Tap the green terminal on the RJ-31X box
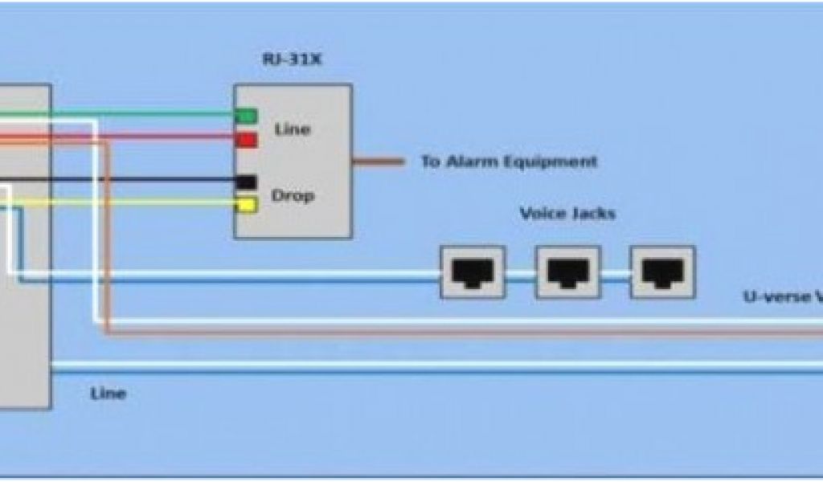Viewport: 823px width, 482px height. [x=245, y=116]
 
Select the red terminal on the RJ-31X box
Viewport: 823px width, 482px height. [x=246, y=141]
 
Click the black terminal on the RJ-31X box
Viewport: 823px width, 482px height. [x=246, y=182]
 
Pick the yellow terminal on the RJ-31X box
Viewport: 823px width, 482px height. [x=246, y=206]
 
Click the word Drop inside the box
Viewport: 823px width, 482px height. [x=292, y=195]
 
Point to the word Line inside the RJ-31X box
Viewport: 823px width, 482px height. [x=292, y=129]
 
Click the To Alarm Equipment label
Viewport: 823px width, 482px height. [x=509, y=161]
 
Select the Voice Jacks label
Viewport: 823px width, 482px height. [x=567, y=214]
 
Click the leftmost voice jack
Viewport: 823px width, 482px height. [x=473, y=272]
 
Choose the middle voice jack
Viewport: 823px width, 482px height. [x=568, y=272]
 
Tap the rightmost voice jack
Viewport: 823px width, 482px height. [x=663, y=272]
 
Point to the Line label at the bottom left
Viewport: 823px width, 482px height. [x=108, y=394]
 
